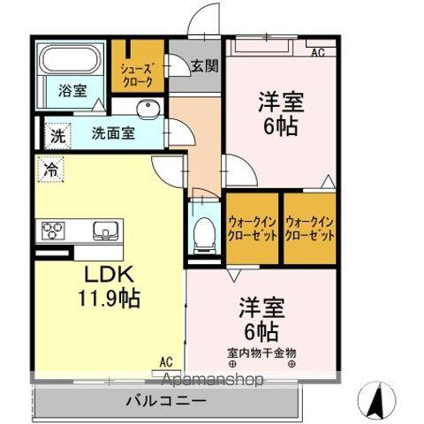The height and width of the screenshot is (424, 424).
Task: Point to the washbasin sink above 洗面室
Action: [148, 110]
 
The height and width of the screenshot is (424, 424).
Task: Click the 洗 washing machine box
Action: [57, 137]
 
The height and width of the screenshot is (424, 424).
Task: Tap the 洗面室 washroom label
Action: [115, 134]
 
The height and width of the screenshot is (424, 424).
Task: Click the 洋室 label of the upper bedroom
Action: [281, 102]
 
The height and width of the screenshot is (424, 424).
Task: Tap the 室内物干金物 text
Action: [262, 352]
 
